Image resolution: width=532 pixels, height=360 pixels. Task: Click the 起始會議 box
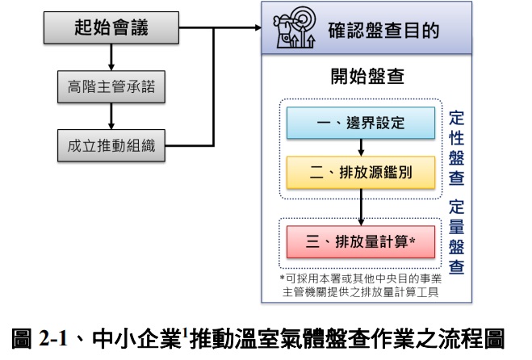111,30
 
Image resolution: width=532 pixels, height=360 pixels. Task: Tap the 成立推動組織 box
111,145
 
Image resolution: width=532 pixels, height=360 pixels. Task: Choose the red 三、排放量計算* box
360,240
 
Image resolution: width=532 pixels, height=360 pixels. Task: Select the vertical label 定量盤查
456,238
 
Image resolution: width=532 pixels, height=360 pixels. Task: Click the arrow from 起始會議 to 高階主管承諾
111,58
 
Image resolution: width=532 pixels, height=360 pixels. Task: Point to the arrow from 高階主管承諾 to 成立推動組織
111,116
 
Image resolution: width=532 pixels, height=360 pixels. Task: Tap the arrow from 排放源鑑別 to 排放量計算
361,205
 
